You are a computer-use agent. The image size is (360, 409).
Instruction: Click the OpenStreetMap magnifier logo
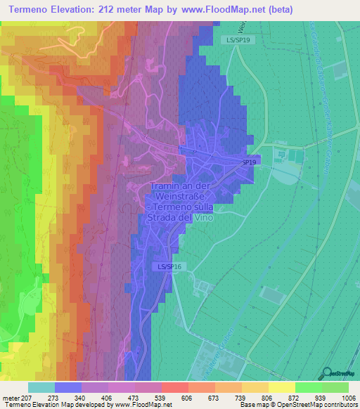pyautogui.click(x=327, y=373)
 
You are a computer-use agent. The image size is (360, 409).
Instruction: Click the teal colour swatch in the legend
pyautogui.click(x=41, y=387)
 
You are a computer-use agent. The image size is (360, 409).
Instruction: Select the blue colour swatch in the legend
pyautogui.click(x=68, y=387)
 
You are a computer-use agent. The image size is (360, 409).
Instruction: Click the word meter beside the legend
pyautogui.click(x=10, y=397)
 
